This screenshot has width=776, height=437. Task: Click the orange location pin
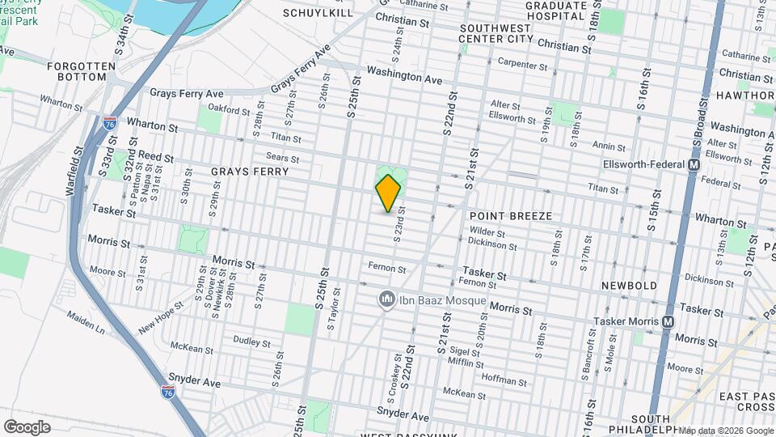pos(388,193)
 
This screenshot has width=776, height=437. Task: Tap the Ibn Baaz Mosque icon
pos(386,300)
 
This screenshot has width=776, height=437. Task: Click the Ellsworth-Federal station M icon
pos(693,164)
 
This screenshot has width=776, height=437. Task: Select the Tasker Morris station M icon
pos(668,321)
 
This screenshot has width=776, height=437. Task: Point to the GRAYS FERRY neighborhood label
pos(249,172)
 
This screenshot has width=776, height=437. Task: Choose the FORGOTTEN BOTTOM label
pos(77,70)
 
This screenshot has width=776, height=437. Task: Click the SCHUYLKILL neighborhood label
pos(318,13)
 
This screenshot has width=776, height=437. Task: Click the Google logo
pos(27,426)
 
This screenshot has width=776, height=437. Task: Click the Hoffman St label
pos(504,380)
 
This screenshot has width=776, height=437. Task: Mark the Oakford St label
pos(225,108)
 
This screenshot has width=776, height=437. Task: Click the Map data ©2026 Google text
pos(725,431)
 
